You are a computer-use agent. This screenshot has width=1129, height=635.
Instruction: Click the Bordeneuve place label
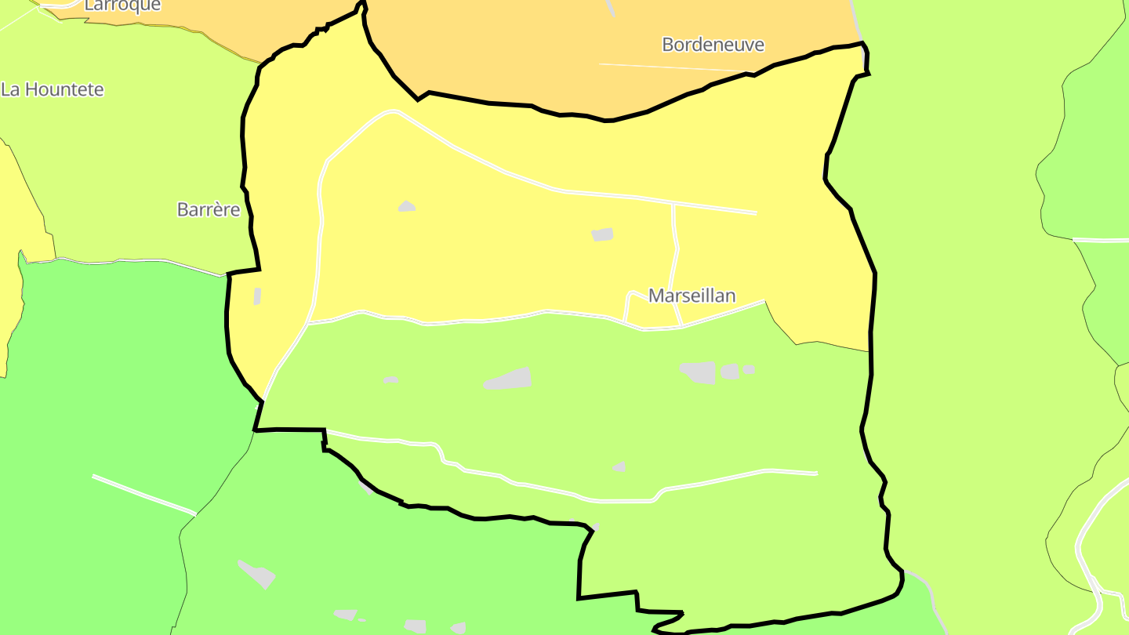coord(713,45)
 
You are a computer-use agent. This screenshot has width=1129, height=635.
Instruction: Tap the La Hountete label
coord(53,89)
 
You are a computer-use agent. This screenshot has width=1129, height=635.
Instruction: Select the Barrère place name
coord(209,209)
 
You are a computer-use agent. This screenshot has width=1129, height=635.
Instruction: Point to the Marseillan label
coord(692,296)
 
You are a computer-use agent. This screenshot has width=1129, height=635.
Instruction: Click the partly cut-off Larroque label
coord(122,5)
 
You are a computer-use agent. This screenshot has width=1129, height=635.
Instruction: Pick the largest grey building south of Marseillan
coord(699,372)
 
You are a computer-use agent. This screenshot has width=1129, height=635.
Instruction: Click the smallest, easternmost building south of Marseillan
coord(750,369)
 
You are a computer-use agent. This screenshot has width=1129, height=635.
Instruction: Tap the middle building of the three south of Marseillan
coord(730,371)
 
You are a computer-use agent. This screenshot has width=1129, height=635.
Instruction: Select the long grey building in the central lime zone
coord(508,379)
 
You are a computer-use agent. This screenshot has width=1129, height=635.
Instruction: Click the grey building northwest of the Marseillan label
coord(602,234)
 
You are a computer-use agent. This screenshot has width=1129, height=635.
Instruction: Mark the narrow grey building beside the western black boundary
coord(257,296)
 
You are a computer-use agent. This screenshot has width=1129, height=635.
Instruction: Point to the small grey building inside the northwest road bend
coord(406,206)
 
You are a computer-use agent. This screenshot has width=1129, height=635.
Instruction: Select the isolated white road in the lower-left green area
coord(143,494)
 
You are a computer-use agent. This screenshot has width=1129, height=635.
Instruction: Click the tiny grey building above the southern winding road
coord(620,466)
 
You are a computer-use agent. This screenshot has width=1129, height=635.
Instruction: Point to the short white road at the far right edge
coord(1101,240)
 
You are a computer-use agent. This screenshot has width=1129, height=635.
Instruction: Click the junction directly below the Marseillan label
coord(680,325)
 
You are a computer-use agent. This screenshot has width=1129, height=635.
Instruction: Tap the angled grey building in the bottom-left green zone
coord(256,573)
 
